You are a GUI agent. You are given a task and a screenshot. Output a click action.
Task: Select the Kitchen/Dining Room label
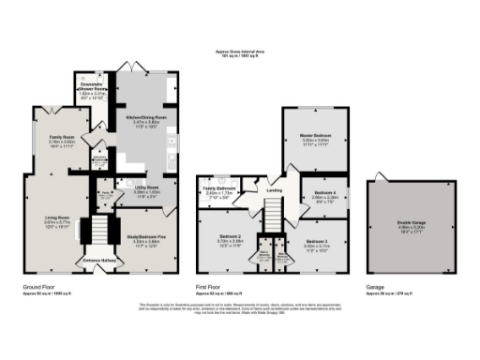tap(145, 117)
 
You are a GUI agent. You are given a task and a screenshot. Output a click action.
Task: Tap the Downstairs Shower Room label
tap(90, 86)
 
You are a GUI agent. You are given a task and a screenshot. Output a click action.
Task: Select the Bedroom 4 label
tap(323, 195)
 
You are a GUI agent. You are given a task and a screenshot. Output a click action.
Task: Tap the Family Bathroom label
tap(218, 190)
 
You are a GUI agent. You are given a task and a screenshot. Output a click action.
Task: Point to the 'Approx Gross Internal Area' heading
tap(240, 52)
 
